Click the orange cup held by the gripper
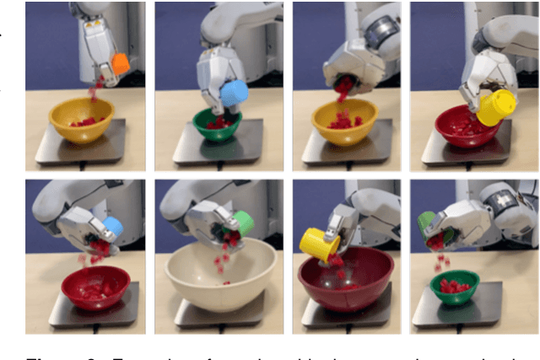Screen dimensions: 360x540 click(x=120, y=64)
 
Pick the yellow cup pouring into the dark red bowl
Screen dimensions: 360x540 click(x=320, y=243)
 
